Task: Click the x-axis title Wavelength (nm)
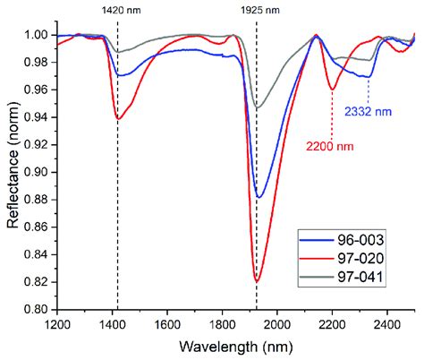[x=236, y=346]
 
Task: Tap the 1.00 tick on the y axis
[x=39, y=36]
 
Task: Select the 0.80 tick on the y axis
[x=39, y=310]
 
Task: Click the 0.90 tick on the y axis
[x=39, y=173]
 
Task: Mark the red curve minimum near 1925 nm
[x=257, y=281]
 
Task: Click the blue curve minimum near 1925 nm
[x=259, y=196]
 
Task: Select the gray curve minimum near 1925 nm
[x=258, y=108]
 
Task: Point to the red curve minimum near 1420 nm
[x=118, y=119]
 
